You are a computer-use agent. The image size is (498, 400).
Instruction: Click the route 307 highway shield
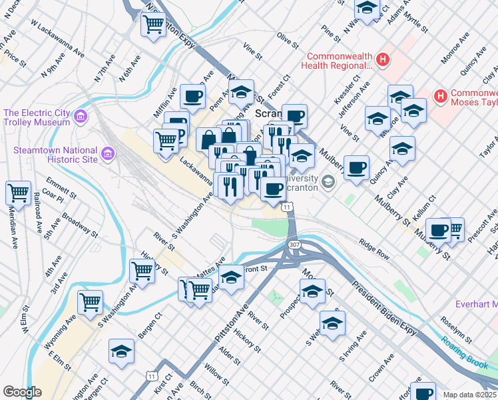[x=294, y=246]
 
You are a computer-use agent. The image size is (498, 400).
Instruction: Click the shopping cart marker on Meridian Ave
[x=18, y=193]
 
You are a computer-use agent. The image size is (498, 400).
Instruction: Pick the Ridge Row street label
[x=373, y=248]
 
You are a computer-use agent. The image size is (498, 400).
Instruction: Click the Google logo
[x=22, y=392]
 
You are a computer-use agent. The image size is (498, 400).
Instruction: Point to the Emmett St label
[x=59, y=185]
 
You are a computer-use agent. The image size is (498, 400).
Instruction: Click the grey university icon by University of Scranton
[x=328, y=181]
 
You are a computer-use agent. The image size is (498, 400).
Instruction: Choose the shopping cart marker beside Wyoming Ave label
[x=90, y=301]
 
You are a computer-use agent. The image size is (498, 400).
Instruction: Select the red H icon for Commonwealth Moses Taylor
[x=439, y=97]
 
